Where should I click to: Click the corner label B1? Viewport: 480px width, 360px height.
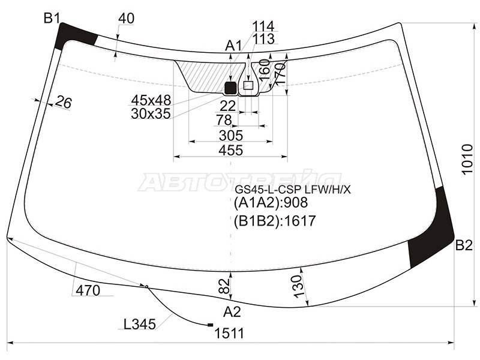[52, 18]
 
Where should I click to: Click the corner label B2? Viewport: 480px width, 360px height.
[464, 245]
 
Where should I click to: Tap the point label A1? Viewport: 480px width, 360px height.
[233, 46]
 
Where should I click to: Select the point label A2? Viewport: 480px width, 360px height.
[232, 311]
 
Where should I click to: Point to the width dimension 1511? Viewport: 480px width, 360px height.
[229, 333]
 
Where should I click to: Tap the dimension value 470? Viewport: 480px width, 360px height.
[88, 291]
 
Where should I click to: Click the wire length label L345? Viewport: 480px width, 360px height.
[140, 325]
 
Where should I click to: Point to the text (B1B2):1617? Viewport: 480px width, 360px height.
[274, 221]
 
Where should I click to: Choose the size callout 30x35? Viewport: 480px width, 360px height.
[151, 112]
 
